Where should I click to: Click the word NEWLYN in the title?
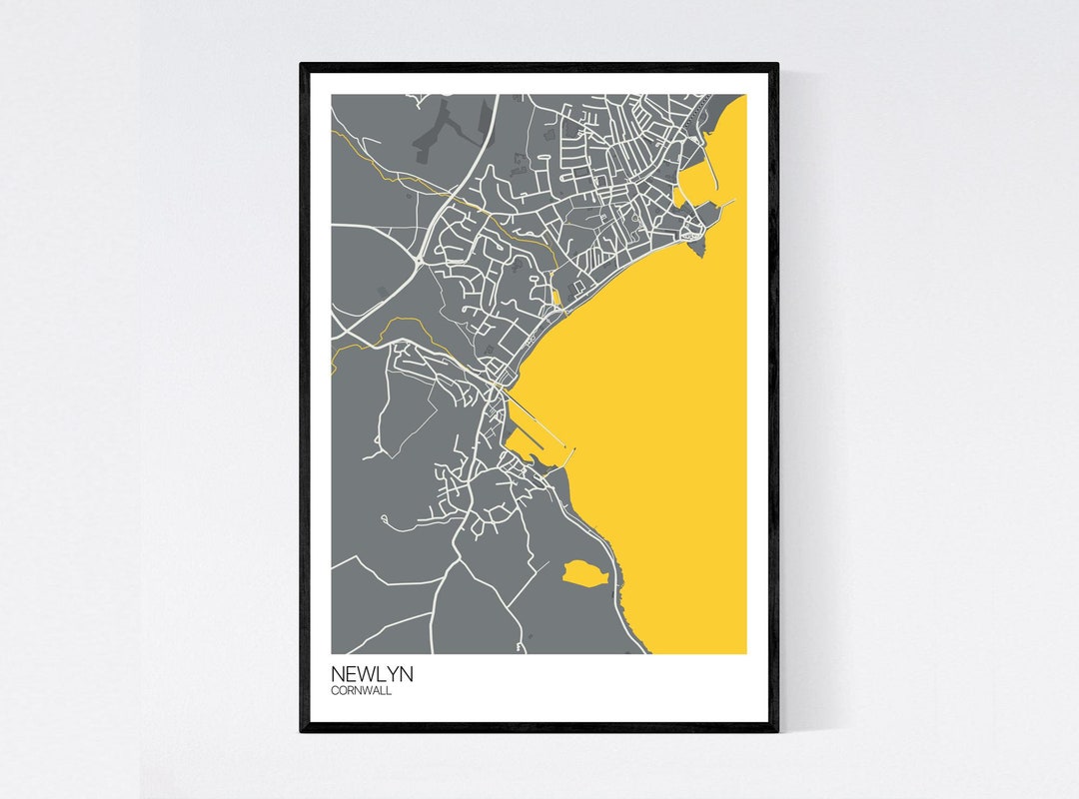[372, 675]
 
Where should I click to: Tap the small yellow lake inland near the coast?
[579, 572]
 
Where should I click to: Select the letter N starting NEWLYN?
[338, 675]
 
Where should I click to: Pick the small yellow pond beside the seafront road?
[555, 297]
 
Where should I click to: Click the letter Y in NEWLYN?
[390, 675]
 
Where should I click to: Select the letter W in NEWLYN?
[364, 675]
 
